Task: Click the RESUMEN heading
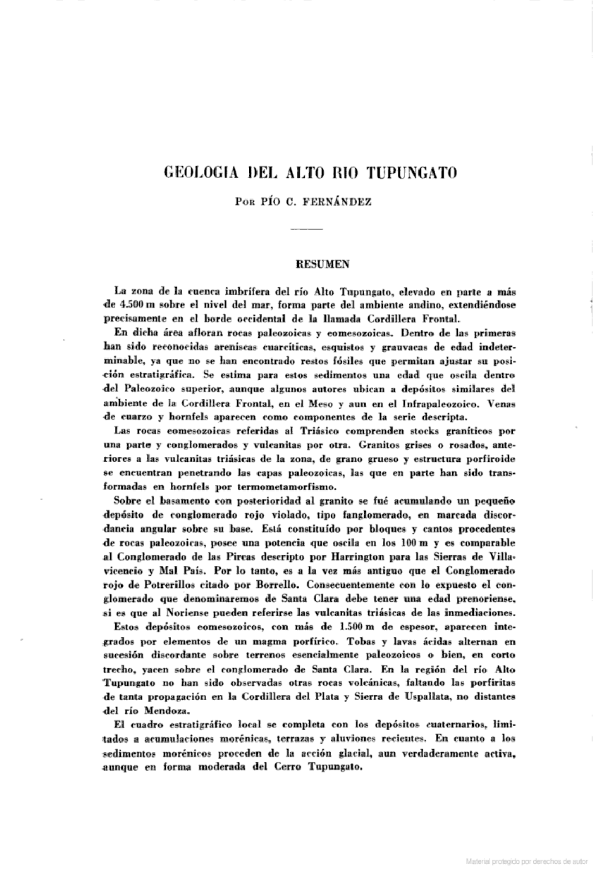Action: (322, 264)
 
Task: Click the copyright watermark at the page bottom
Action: (526, 861)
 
